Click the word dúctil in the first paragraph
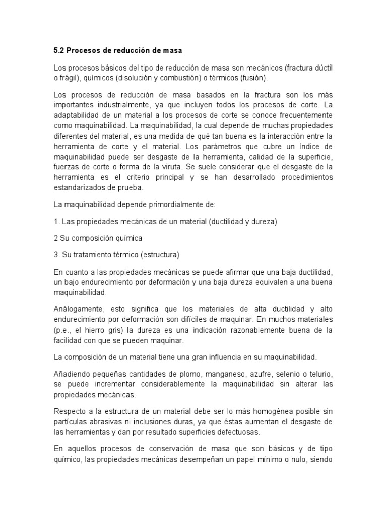point(322,68)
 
